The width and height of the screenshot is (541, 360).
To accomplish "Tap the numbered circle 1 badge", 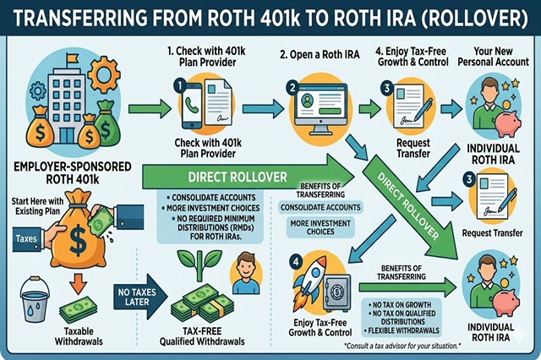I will (180, 85).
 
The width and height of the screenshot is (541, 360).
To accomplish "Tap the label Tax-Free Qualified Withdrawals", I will (206, 335).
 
